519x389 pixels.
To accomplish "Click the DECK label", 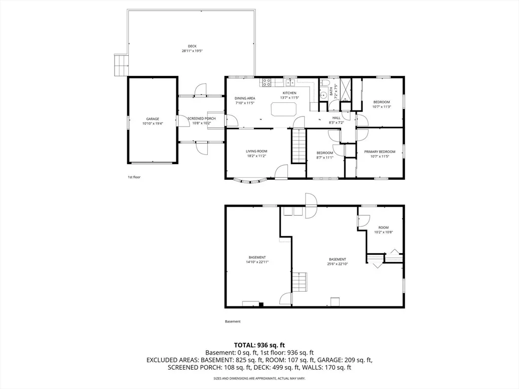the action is pyautogui.click(x=192, y=46).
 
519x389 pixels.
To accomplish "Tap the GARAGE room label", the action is pyautogui.click(x=153, y=119).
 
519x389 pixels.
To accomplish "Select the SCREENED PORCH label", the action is pyautogui.click(x=202, y=119).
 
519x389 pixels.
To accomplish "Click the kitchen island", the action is pyautogui.click(x=284, y=109).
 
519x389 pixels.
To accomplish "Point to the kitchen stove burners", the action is pyautogui.click(x=267, y=82).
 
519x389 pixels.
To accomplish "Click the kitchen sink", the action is pyautogui.click(x=290, y=83).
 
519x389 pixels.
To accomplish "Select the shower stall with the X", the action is pyautogui.click(x=345, y=89).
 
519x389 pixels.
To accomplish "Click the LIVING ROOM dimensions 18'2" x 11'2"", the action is pyautogui.click(x=256, y=156).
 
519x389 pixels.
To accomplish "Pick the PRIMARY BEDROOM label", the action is pyautogui.click(x=380, y=152).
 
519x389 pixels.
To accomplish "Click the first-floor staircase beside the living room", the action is pyautogui.click(x=298, y=146).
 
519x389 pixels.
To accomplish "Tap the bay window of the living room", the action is pyautogui.click(x=250, y=181).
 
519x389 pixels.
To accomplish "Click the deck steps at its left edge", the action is pyautogui.click(x=122, y=65).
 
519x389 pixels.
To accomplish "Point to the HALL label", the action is pyautogui.click(x=337, y=118).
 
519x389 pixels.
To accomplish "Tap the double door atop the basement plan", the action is pyautogui.click(x=311, y=206).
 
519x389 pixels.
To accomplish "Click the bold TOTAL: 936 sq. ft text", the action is pyautogui.click(x=259, y=345).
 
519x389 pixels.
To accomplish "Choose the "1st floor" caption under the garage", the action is pyautogui.click(x=134, y=177).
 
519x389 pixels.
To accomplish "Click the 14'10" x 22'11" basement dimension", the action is pyautogui.click(x=257, y=262).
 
